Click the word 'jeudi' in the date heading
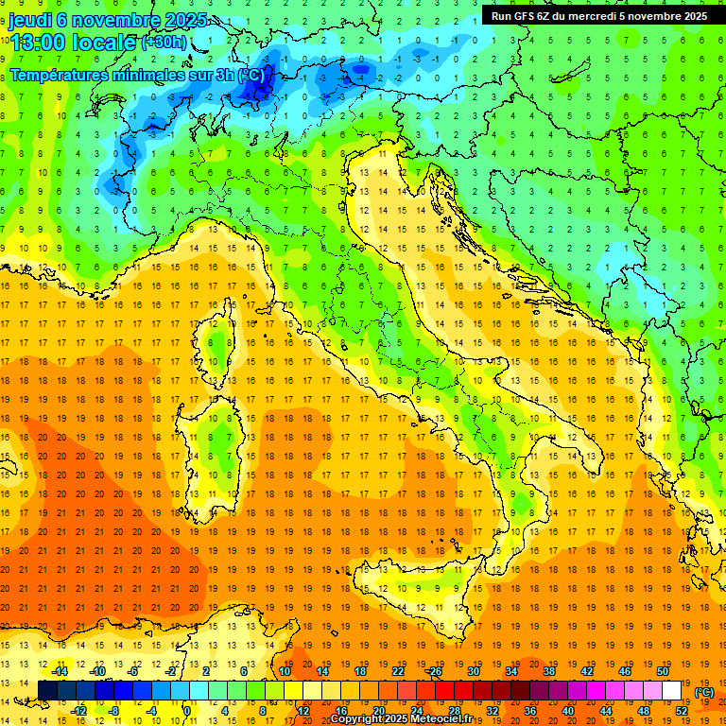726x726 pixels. (32, 19)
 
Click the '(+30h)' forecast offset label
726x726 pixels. (164, 42)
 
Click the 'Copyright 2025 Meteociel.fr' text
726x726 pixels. (406, 718)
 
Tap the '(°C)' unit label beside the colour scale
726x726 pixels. (704, 692)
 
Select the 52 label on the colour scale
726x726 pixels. (682, 711)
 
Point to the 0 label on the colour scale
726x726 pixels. (187, 711)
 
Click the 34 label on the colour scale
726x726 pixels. (511, 671)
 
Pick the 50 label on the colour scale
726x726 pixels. (663, 671)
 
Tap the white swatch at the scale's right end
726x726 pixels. (672, 691)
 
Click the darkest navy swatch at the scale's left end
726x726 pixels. (47, 691)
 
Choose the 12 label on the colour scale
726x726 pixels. (303, 711)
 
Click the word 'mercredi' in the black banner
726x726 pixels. (591, 15)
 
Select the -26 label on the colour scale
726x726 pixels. (434, 671)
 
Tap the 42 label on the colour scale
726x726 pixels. (587, 671)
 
